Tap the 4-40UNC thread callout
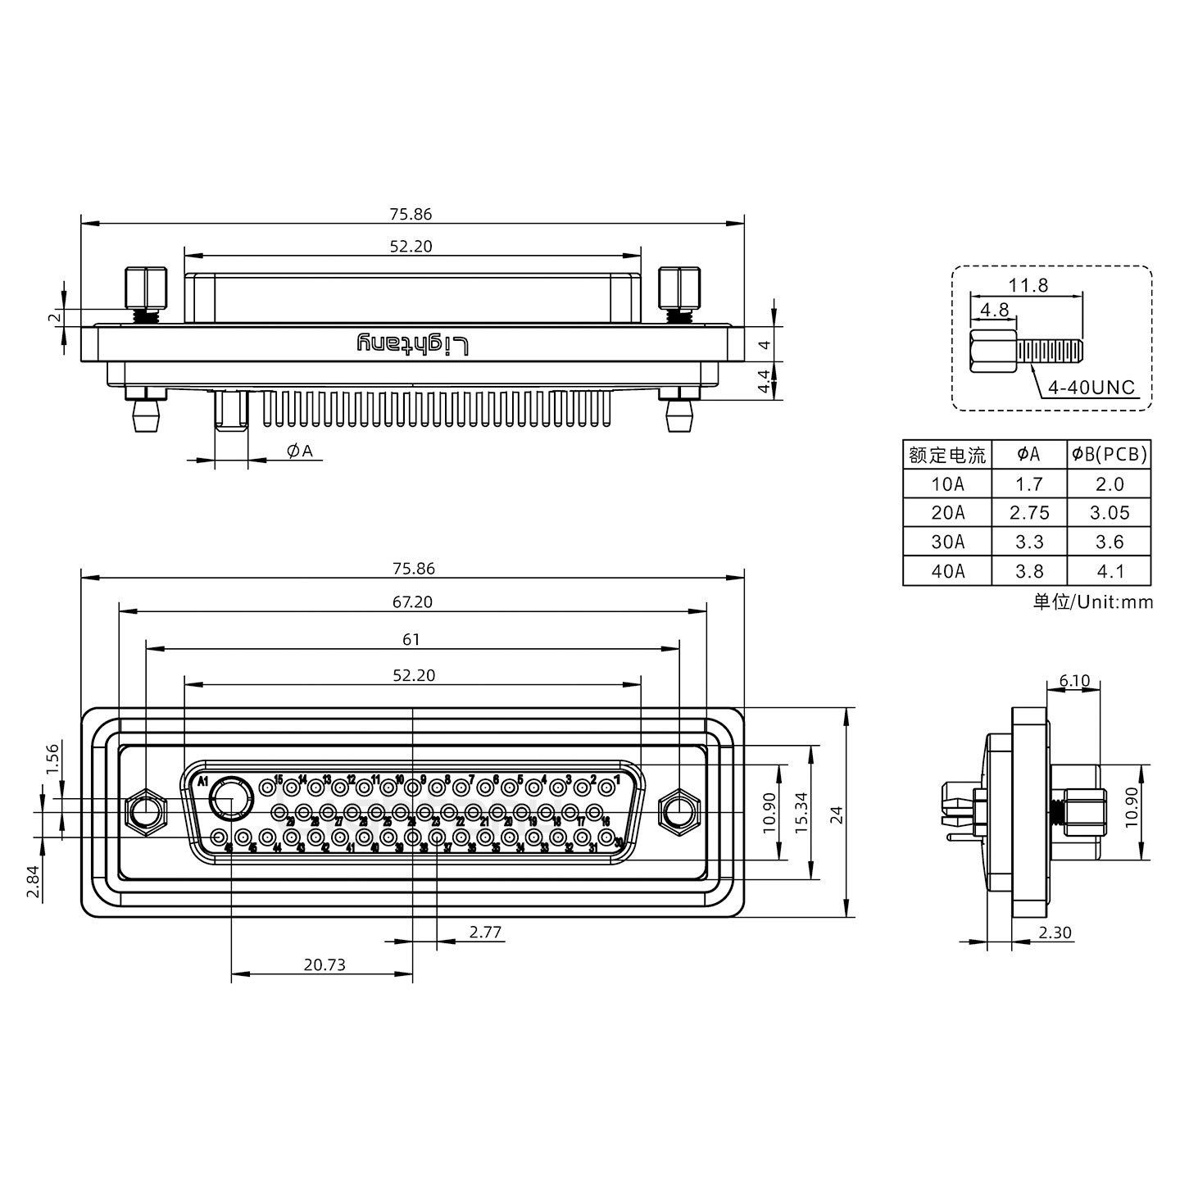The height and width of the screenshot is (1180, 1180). coord(1091,387)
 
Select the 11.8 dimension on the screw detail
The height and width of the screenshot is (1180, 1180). coord(1028,285)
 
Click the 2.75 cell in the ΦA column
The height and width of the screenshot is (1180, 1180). coord(1029,513)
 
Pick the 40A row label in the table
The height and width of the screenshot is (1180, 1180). coord(947,571)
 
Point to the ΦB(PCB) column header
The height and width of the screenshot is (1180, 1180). coord(1110,454)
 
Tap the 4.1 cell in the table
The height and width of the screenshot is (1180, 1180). coord(1110,571)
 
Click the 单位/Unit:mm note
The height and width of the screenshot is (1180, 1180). coord(1093,602)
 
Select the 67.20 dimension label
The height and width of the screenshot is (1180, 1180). coord(412,602)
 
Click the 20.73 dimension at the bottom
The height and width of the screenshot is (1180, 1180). coord(324,964)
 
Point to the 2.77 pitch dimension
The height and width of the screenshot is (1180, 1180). coord(485,932)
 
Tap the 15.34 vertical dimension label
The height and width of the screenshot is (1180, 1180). coord(801,813)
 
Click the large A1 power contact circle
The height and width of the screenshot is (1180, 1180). coord(231,797)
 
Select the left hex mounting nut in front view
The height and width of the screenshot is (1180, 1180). coord(146,813)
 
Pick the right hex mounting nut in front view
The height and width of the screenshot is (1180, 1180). coord(678,813)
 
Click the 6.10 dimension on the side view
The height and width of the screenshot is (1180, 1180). coord(1074,680)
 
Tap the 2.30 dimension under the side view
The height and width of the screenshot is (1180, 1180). coord(1055,933)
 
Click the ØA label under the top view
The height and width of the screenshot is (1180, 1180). coord(300,451)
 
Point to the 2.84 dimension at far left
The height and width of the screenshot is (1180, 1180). coord(32,882)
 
